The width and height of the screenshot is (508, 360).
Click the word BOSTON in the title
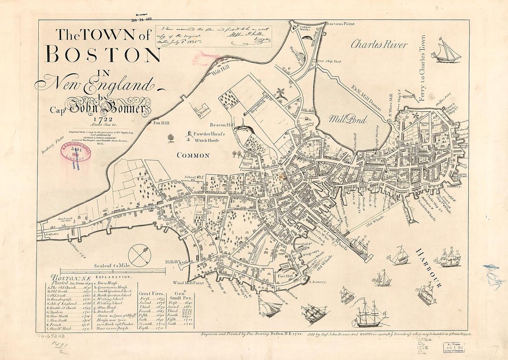coord(104,54)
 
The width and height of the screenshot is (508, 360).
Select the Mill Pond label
coord(348,119)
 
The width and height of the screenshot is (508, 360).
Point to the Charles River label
coord(379,45)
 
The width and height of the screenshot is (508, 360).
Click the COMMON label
coord(193,156)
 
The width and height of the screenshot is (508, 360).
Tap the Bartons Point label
coord(339,24)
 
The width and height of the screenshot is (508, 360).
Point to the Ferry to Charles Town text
coord(422,68)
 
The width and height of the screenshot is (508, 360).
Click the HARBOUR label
coord(428,268)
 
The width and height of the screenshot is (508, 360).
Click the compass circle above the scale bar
coord(139,255)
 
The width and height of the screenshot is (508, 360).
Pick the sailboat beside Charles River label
coord(446,52)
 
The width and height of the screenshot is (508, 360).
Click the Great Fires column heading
coord(151,293)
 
